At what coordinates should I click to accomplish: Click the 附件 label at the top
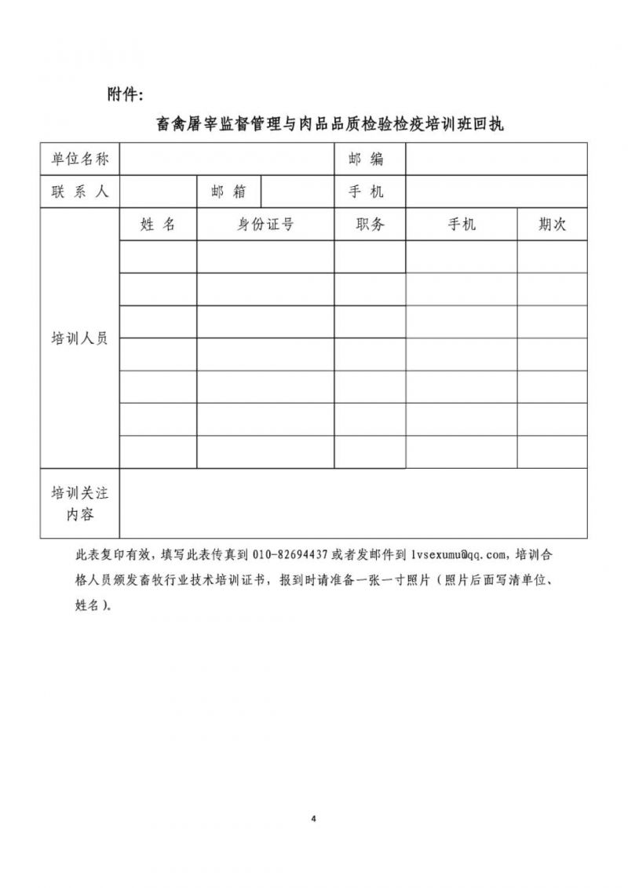coord(124,94)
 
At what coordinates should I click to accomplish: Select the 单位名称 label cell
coord(80,159)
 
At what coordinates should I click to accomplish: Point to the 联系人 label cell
coord(80,192)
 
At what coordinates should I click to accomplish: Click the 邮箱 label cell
coord(228,192)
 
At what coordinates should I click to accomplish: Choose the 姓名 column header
coord(158,225)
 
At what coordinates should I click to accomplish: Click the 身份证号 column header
coord(265,225)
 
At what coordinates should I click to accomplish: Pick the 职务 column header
coord(370,225)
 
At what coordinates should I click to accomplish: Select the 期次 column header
coord(552,225)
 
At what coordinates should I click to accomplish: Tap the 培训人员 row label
coord(80,338)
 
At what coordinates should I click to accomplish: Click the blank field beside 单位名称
coord(226,159)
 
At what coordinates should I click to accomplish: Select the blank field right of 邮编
coord(495,159)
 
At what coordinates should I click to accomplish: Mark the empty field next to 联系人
coord(158,192)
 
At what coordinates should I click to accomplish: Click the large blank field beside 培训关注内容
coord(352,503)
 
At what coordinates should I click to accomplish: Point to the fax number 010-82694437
coord(290,555)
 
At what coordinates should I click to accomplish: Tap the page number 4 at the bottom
coord(313,819)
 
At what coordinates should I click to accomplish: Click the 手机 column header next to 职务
coord(462,225)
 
